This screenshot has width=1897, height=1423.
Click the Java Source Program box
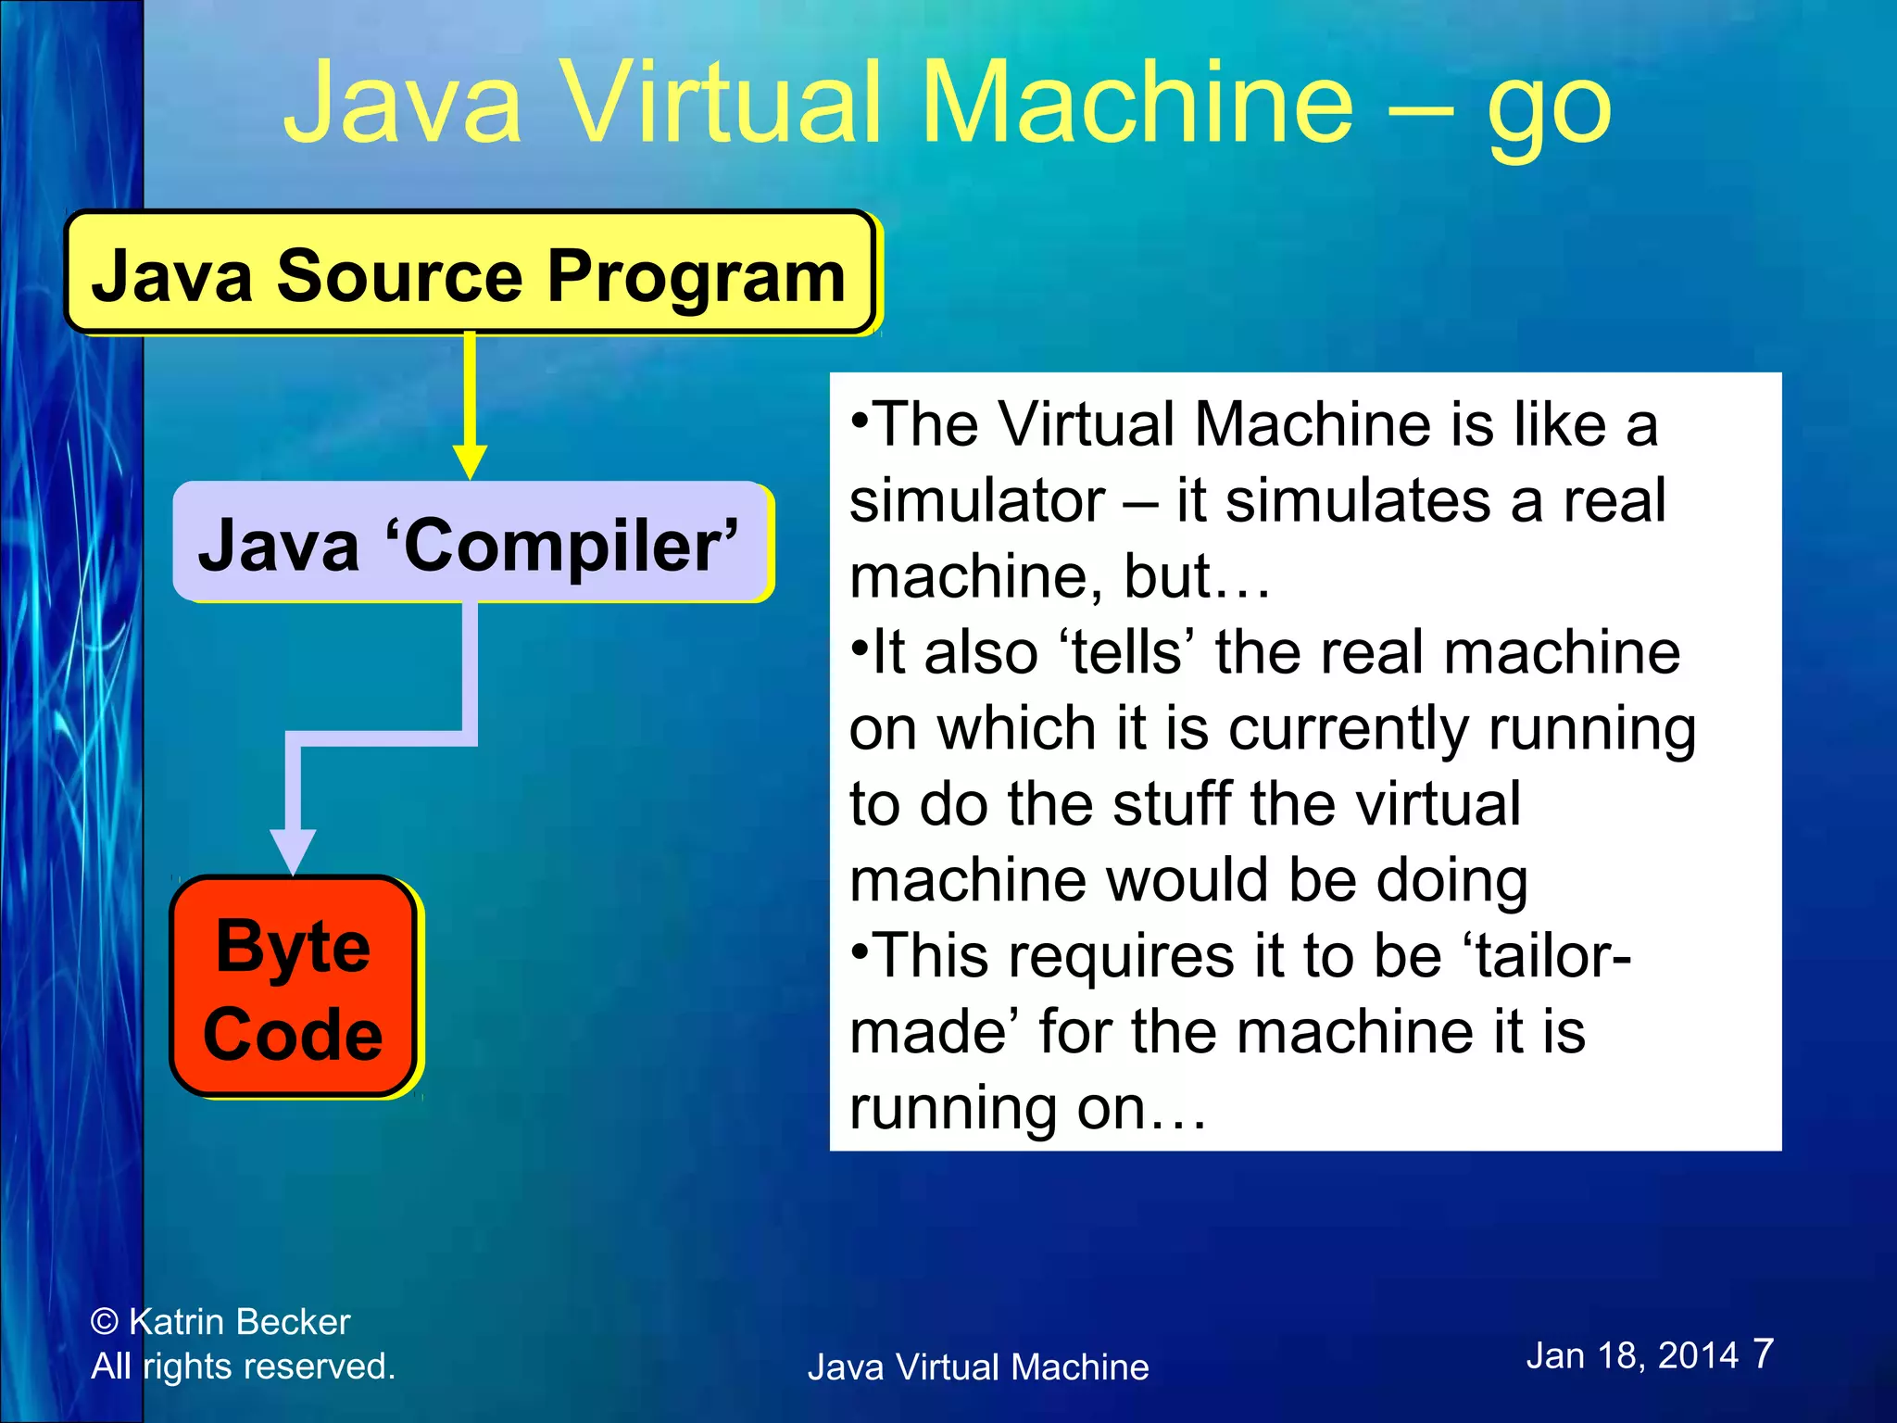(x=469, y=274)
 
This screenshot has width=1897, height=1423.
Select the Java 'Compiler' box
(x=471, y=543)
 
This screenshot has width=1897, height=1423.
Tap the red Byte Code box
(x=293, y=988)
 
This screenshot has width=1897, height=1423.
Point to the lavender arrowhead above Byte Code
(x=293, y=850)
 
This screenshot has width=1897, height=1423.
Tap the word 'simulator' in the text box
(x=977, y=501)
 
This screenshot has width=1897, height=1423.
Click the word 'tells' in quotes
(x=1126, y=652)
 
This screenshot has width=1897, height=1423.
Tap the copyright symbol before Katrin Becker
(x=105, y=1322)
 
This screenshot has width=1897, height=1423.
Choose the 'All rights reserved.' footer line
(x=243, y=1366)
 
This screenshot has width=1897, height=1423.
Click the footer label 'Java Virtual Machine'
(x=978, y=1367)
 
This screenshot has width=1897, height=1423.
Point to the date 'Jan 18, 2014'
(x=1632, y=1356)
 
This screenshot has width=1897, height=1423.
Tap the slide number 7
(x=1763, y=1354)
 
